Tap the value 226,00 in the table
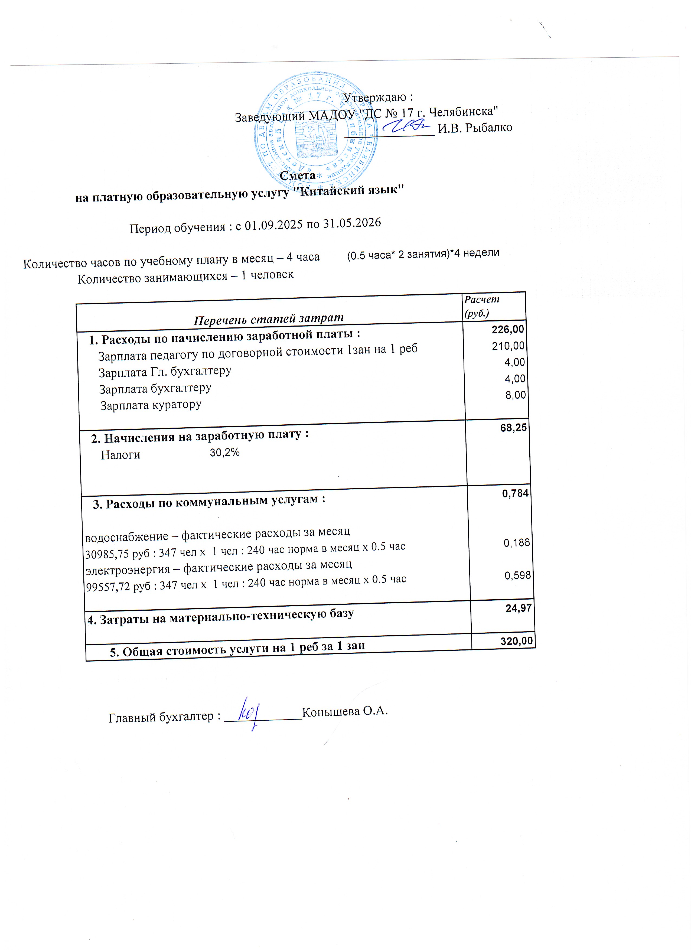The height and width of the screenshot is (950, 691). coord(508,330)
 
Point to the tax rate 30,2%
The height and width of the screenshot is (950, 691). coord(224,452)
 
